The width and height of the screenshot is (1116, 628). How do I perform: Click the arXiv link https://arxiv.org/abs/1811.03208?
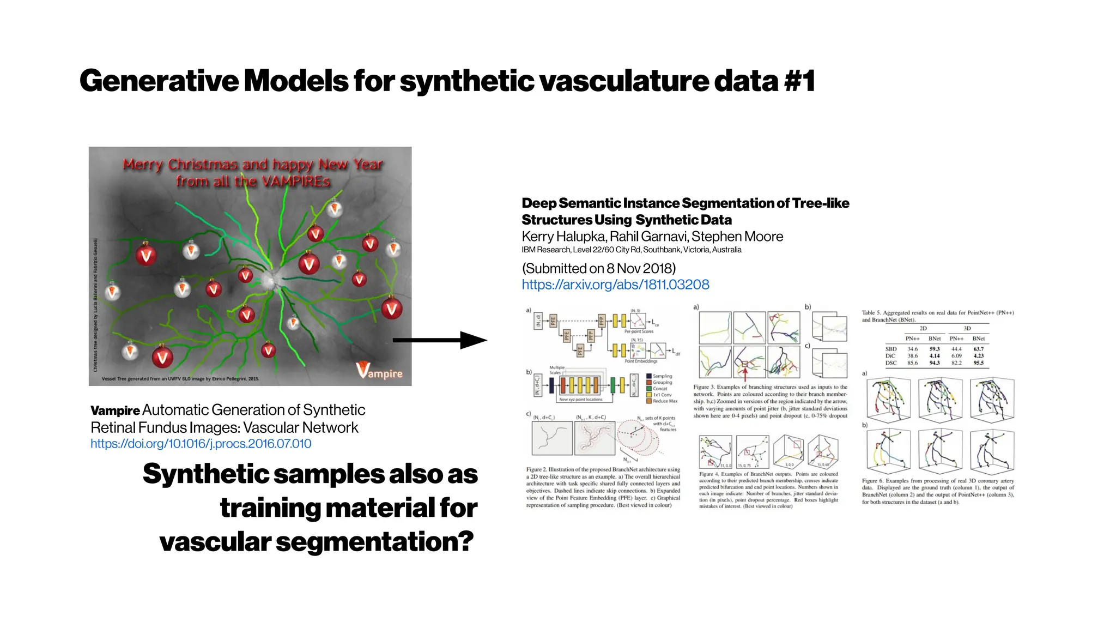pyautogui.click(x=615, y=285)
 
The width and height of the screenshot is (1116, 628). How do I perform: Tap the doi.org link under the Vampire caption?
pyautogui.click(x=201, y=444)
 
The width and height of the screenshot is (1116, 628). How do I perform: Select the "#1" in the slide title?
pyautogui.click(x=799, y=81)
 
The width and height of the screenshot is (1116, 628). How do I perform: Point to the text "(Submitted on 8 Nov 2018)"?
pyautogui.click(x=598, y=268)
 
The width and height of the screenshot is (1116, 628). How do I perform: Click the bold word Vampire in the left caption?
pyautogui.click(x=115, y=410)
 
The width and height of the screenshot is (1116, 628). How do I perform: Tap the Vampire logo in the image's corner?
pyautogui.click(x=380, y=371)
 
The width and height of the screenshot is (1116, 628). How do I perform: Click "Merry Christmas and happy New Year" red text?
pyautogui.click(x=253, y=164)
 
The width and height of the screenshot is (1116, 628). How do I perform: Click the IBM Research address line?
pyautogui.click(x=631, y=250)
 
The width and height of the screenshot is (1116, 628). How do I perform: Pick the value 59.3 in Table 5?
pyautogui.click(x=935, y=349)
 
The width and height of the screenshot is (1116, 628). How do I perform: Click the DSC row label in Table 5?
pyautogui.click(x=891, y=363)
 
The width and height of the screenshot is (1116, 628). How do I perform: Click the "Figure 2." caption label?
pyautogui.click(x=536, y=469)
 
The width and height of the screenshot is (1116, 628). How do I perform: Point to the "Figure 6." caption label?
pyautogui.click(x=872, y=481)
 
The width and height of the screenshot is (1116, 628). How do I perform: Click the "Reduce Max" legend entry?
pyautogui.click(x=665, y=401)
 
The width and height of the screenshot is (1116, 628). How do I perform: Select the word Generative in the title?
pyautogui.click(x=159, y=81)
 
